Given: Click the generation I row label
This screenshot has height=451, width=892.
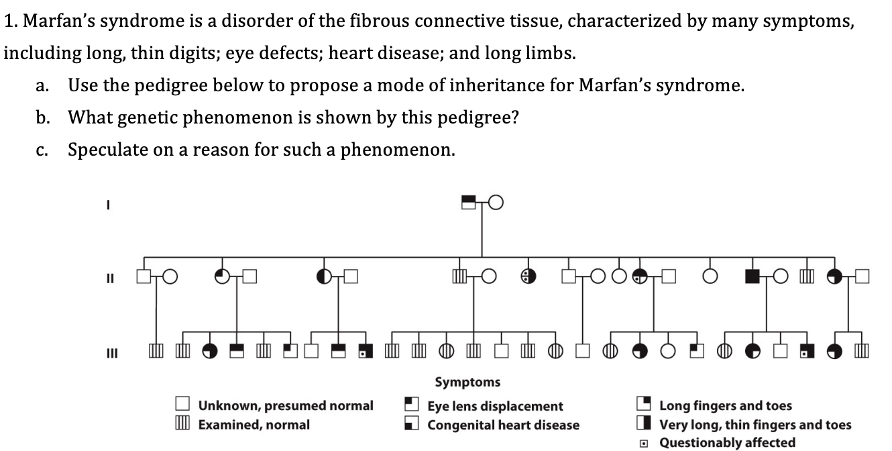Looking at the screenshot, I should [x=107, y=207].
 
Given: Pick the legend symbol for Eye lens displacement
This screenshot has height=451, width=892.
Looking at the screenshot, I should [x=411, y=404].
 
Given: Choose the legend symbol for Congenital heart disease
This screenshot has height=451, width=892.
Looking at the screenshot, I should [x=411, y=423].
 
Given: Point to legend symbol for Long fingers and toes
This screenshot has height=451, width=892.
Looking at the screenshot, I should [x=644, y=404].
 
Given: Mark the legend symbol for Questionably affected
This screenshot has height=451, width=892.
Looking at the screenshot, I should [x=644, y=442].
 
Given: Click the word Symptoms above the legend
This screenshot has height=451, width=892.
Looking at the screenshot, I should [x=467, y=382].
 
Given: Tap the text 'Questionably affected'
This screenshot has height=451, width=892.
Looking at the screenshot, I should [x=727, y=442].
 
